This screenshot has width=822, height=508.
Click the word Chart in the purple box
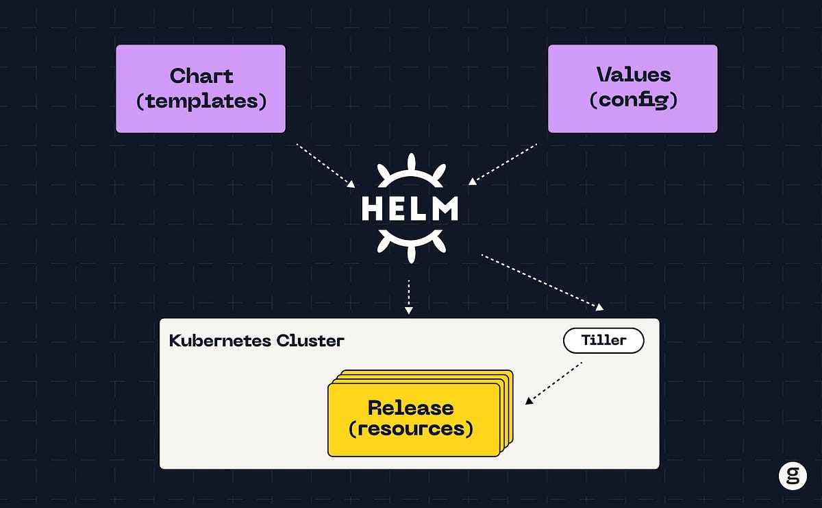(x=201, y=75)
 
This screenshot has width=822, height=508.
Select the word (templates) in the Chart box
(x=201, y=101)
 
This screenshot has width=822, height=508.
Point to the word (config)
(x=633, y=100)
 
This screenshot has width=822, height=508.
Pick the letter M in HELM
(x=446, y=209)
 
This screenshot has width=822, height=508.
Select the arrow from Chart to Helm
(x=325, y=165)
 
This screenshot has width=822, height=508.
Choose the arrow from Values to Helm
(x=503, y=164)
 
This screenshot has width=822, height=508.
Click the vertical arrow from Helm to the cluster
(x=409, y=296)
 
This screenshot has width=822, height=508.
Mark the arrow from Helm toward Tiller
(x=541, y=282)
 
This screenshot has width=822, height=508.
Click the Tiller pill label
(x=603, y=341)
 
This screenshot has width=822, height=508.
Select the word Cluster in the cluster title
(x=311, y=341)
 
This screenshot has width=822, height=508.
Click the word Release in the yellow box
(x=410, y=408)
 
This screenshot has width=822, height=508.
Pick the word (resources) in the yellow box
(x=410, y=430)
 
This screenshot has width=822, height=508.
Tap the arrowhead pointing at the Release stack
(x=529, y=401)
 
